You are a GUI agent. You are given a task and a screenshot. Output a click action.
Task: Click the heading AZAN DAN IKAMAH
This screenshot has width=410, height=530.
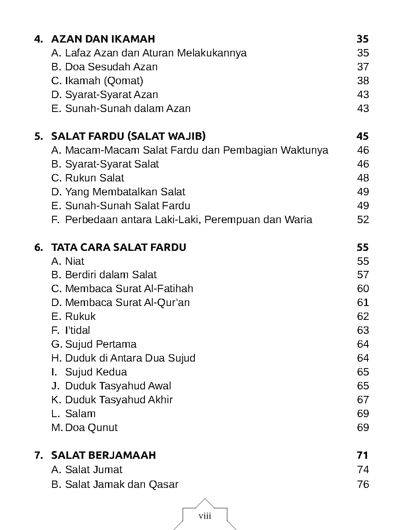(x=103, y=39)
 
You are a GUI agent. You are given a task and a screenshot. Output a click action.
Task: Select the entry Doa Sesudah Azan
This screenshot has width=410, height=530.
(x=111, y=67)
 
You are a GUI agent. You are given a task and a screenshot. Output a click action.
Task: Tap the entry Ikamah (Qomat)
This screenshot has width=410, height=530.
(x=104, y=81)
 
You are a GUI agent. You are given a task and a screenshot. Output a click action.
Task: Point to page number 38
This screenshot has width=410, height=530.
(x=363, y=81)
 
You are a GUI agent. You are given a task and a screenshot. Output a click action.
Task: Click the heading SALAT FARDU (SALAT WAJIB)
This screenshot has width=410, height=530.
(x=128, y=136)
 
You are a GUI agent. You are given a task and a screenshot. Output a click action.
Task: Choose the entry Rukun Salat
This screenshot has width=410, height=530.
(x=94, y=178)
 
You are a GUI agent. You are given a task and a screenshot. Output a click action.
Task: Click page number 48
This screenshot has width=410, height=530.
(x=363, y=178)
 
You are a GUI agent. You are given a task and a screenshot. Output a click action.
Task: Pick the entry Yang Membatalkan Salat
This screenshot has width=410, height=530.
(x=125, y=192)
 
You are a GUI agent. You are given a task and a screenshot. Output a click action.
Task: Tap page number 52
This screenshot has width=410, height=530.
(x=363, y=220)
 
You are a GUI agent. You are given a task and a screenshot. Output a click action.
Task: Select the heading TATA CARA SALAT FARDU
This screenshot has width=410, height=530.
(x=118, y=247)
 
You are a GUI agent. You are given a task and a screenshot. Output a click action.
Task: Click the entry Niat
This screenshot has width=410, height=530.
(x=74, y=261)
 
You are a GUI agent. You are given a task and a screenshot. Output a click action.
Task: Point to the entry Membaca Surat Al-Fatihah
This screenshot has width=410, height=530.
(x=129, y=289)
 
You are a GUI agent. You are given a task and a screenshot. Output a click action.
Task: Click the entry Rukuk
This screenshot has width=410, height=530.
(x=80, y=316)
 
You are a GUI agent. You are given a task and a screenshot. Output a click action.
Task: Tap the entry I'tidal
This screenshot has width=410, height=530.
(x=77, y=330)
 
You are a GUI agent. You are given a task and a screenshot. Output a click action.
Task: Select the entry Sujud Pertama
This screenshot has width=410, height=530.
(x=101, y=344)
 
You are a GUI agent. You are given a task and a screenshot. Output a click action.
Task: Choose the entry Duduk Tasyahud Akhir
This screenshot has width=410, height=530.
(x=119, y=400)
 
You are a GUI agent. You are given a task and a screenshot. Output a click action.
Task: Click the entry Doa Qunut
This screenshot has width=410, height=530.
(x=91, y=428)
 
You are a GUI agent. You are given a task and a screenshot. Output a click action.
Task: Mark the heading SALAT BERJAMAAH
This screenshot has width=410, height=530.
(x=103, y=455)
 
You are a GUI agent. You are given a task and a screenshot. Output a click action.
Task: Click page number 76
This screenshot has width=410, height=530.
(x=363, y=484)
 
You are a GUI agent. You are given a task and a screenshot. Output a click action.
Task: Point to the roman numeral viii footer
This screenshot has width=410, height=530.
(x=205, y=516)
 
